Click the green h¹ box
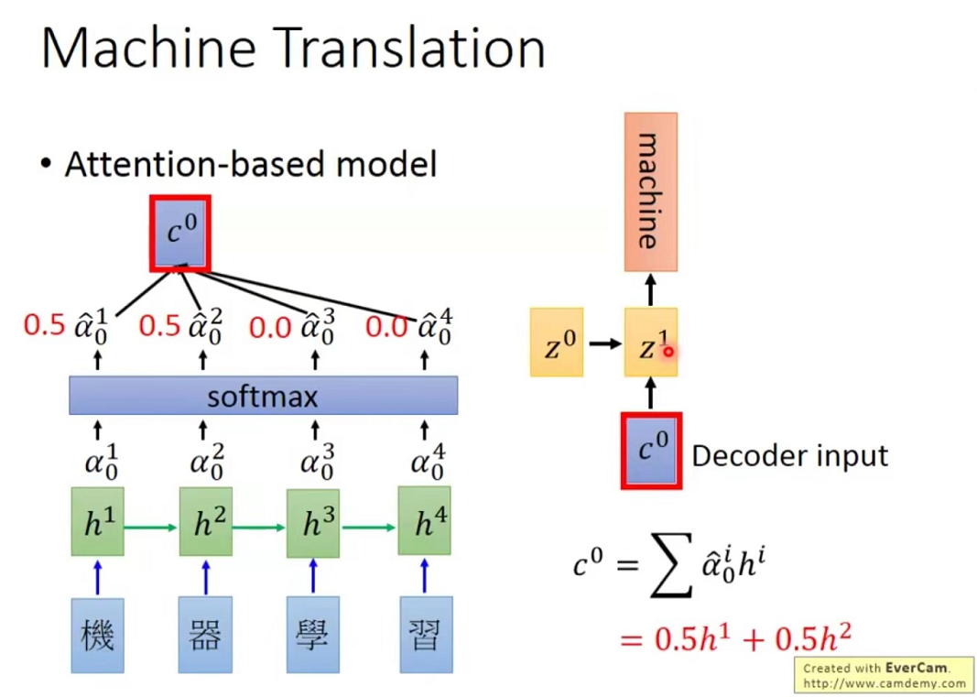tap(98, 523)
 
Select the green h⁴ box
tap(424, 523)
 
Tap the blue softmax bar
tap(264, 396)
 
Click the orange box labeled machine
tap(651, 191)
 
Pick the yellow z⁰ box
tap(557, 343)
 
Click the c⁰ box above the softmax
tap(180, 233)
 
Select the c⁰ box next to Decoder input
tap(651, 451)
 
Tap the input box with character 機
tap(98, 634)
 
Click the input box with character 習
tap(424, 634)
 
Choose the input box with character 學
tap(313, 634)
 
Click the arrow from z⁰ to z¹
tap(603, 343)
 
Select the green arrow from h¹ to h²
tap(151, 527)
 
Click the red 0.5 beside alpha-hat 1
tap(45, 325)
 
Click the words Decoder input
tap(789, 455)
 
